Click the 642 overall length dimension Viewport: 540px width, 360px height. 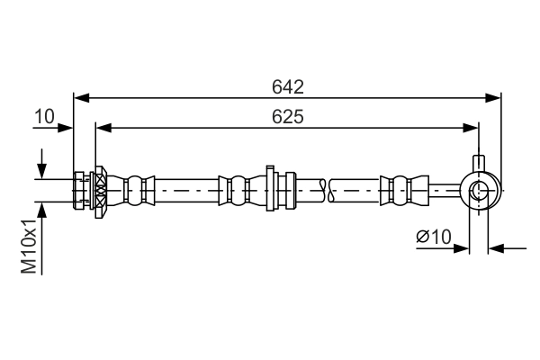[287, 86]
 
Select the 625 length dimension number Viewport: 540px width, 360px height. [287, 117]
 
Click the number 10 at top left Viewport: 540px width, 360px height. [44, 116]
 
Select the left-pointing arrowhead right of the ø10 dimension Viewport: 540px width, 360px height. [496, 248]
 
